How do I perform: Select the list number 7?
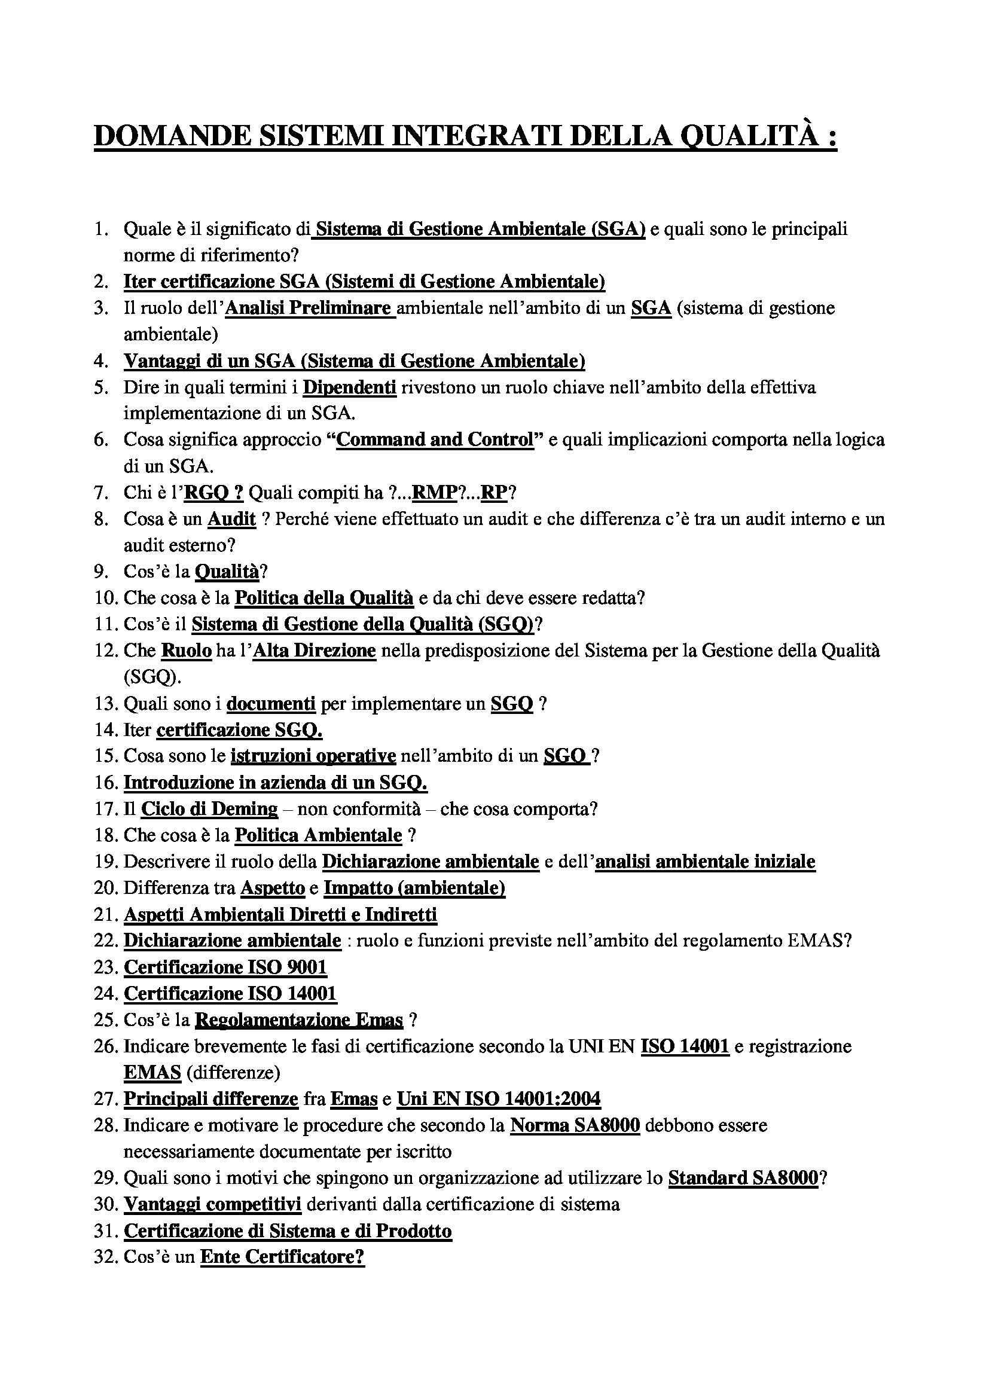(101, 493)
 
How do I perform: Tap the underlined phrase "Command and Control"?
(435, 439)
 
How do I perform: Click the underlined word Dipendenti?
(350, 387)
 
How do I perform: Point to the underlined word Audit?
(231, 519)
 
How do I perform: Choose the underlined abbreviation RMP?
(434, 493)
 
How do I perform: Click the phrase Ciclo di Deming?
(209, 808)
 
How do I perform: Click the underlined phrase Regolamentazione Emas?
(298, 1020)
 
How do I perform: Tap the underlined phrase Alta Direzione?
(315, 651)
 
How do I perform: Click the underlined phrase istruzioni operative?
(313, 756)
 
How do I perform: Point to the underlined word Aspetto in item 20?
(272, 888)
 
